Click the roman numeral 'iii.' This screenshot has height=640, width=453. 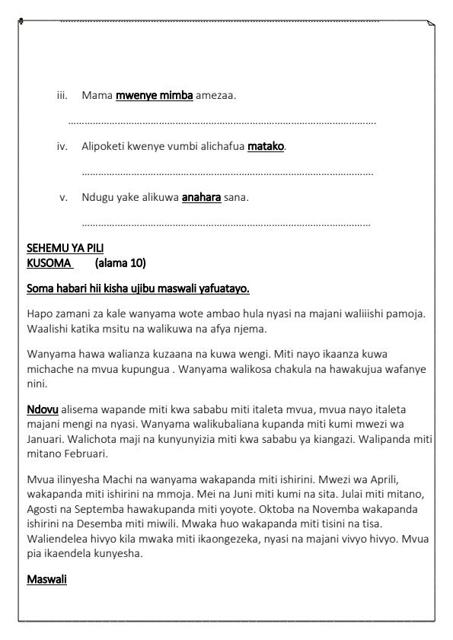point(62,96)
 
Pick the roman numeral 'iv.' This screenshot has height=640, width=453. point(62,146)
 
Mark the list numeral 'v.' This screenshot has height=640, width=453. point(64,198)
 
